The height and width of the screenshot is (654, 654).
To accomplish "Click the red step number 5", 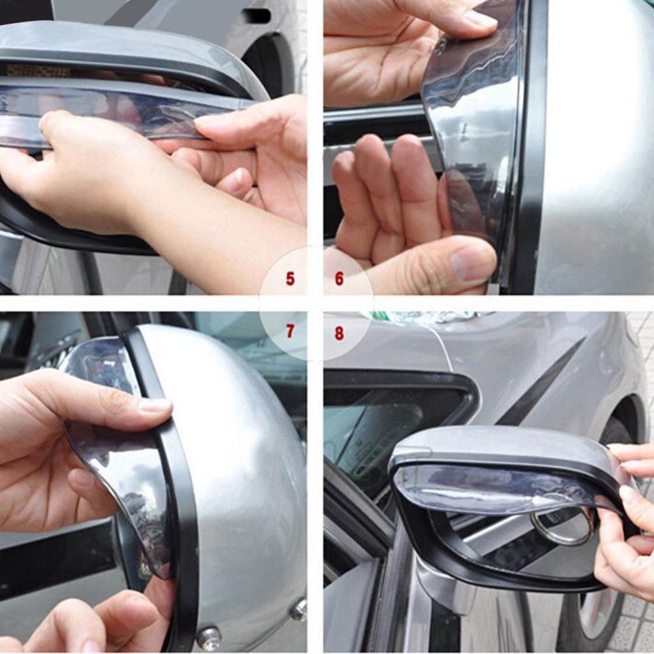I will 290,279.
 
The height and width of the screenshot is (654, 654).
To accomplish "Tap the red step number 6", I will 339,279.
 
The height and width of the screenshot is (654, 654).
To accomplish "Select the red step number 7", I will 290,332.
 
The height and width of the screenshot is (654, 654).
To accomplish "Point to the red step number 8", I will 339,333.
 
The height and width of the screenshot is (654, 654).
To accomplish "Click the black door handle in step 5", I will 257,15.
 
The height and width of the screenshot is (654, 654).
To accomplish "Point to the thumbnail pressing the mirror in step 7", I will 154,405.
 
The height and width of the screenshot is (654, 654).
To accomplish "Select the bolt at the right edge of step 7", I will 299,609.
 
